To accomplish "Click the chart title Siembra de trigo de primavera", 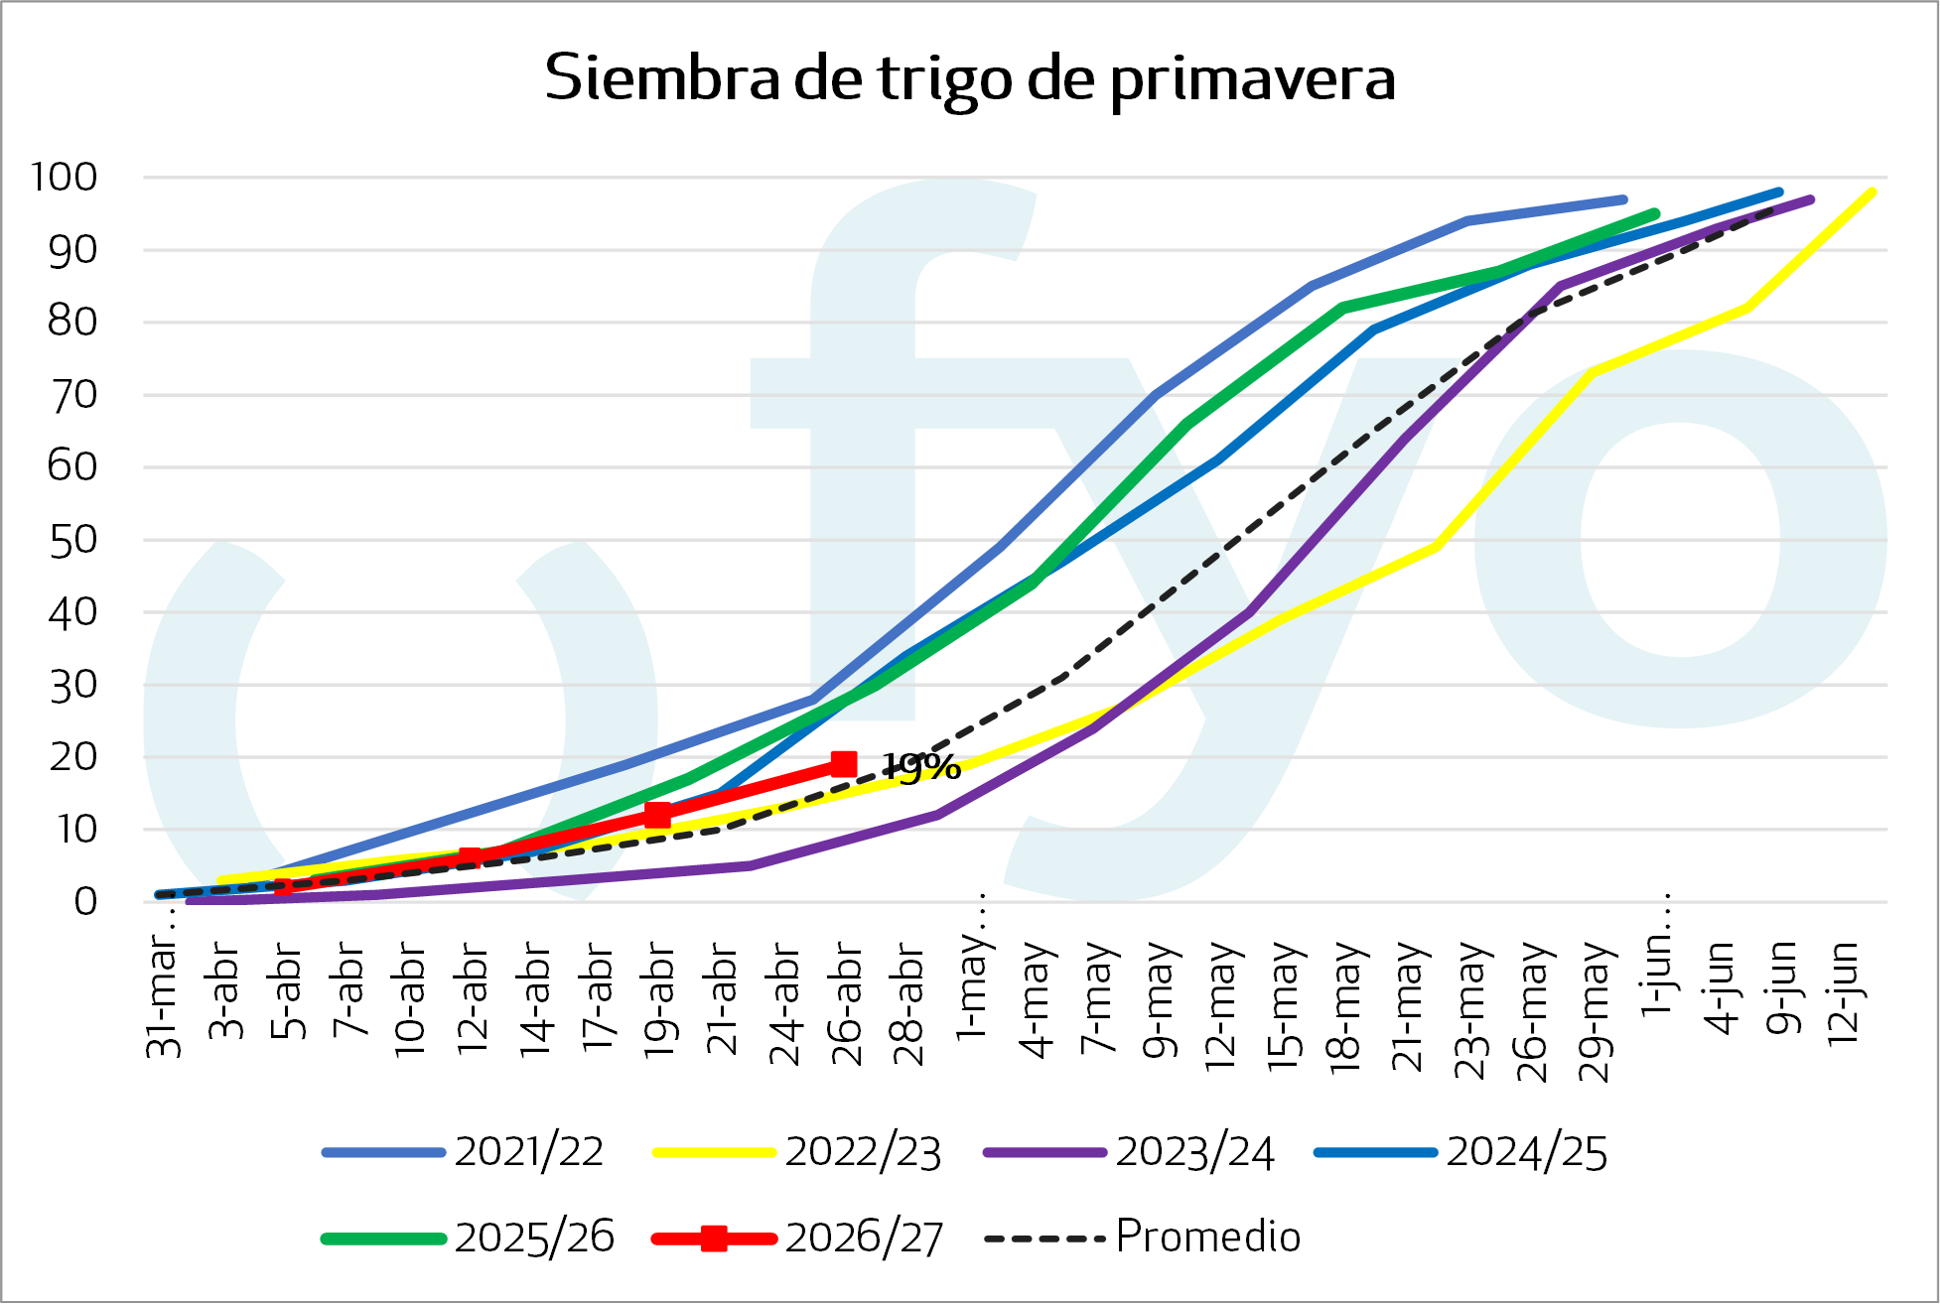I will [x=970, y=78].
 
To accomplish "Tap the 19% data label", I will [x=922, y=766].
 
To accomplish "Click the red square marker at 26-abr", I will [x=843, y=763].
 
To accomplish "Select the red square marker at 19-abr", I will [x=657, y=815].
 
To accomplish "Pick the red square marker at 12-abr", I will [x=471, y=858].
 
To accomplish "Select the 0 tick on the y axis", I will [x=85, y=901].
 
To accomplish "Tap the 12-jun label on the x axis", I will [x=1844, y=992].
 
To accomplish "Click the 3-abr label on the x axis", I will [x=226, y=992].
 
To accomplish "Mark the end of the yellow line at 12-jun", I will [x=1872, y=192].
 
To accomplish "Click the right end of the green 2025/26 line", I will [x=1654, y=213].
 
